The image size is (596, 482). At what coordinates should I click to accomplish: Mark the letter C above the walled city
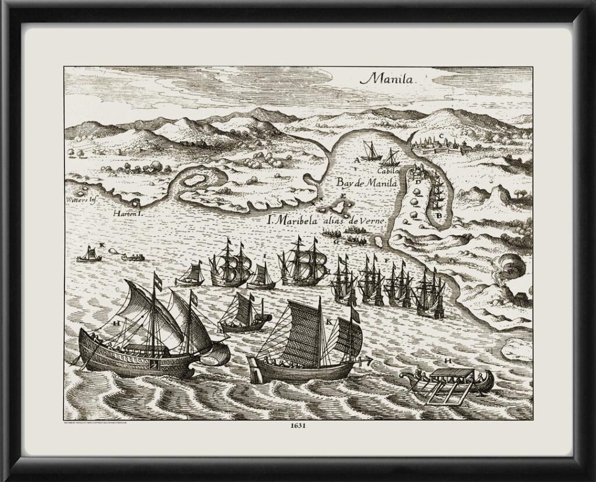coord(442,137)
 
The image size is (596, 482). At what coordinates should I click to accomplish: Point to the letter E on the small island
coord(343,197)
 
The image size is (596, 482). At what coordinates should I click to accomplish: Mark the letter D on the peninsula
coord(418,182)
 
